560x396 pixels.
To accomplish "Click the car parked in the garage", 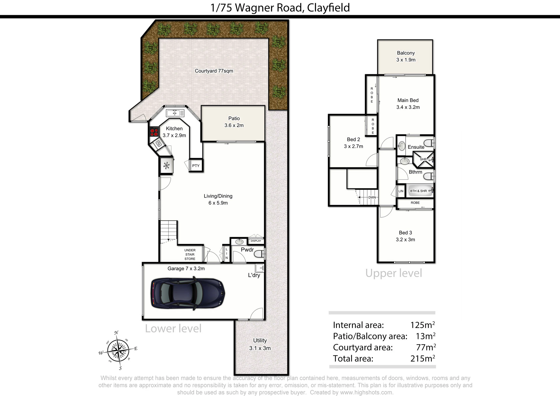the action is [x=188, y=293].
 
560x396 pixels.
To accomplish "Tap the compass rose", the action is [x=118, y=350].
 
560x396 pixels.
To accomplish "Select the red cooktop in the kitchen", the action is [x=154, y=132].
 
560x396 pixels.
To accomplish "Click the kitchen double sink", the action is [x=175, y=113].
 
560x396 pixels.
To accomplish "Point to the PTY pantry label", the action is [x=196, y=166].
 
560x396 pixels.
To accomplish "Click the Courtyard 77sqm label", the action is [x=214, y=71].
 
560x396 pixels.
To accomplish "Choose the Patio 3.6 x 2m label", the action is [x=234, y=122].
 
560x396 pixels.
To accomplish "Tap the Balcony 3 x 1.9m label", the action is [x=406, y=56].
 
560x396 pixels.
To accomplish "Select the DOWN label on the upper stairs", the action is [x=372, y=198].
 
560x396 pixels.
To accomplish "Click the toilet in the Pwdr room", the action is [x=259, y=254].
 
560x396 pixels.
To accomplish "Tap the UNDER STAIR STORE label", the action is [x=190, y=254].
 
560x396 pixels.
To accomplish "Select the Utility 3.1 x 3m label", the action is [x=260, y=344].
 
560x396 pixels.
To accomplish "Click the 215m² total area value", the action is [x=423, y=358].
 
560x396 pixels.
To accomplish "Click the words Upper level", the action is [x=394, y=273].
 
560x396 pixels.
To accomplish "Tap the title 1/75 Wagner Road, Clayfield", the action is [x=280, y=8].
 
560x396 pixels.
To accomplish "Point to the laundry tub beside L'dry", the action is [x=259, y=268].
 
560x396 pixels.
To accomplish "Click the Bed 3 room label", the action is [x=405, y=233].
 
